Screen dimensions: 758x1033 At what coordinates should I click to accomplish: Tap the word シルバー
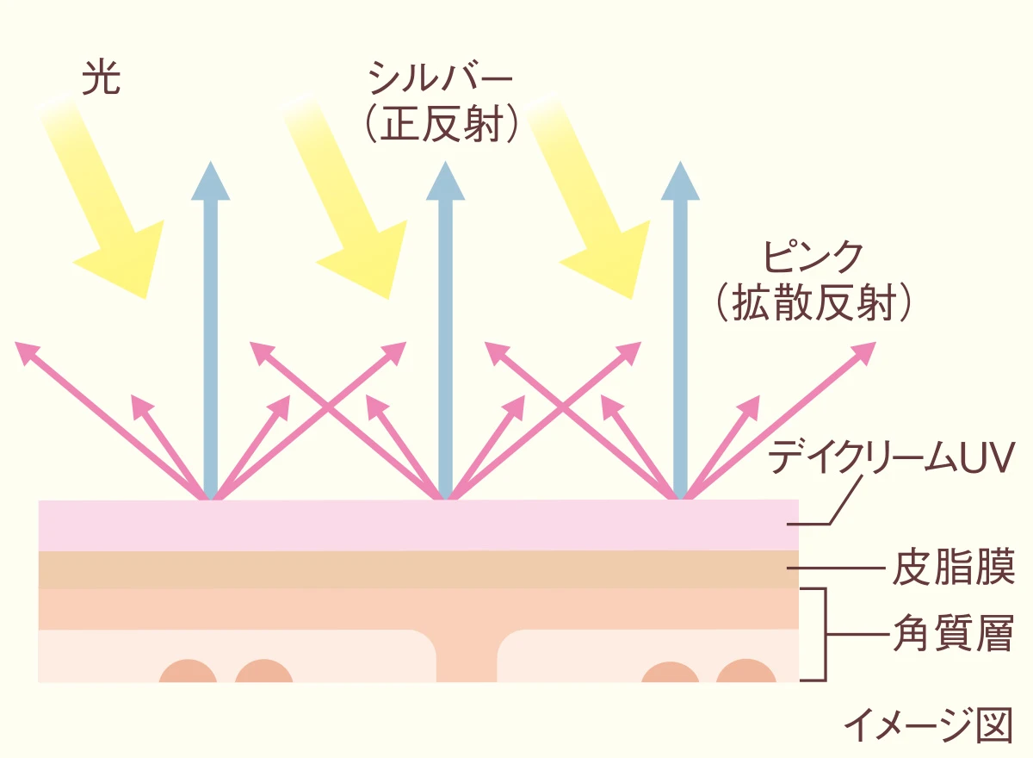point(440,80)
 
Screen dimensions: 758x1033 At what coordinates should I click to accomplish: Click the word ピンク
point(813,257)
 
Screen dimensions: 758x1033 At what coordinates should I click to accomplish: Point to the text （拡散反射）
point(813,303)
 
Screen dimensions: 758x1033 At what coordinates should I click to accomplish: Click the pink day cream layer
point(413,525)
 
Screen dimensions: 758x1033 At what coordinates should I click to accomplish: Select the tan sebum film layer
point(413,569)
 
